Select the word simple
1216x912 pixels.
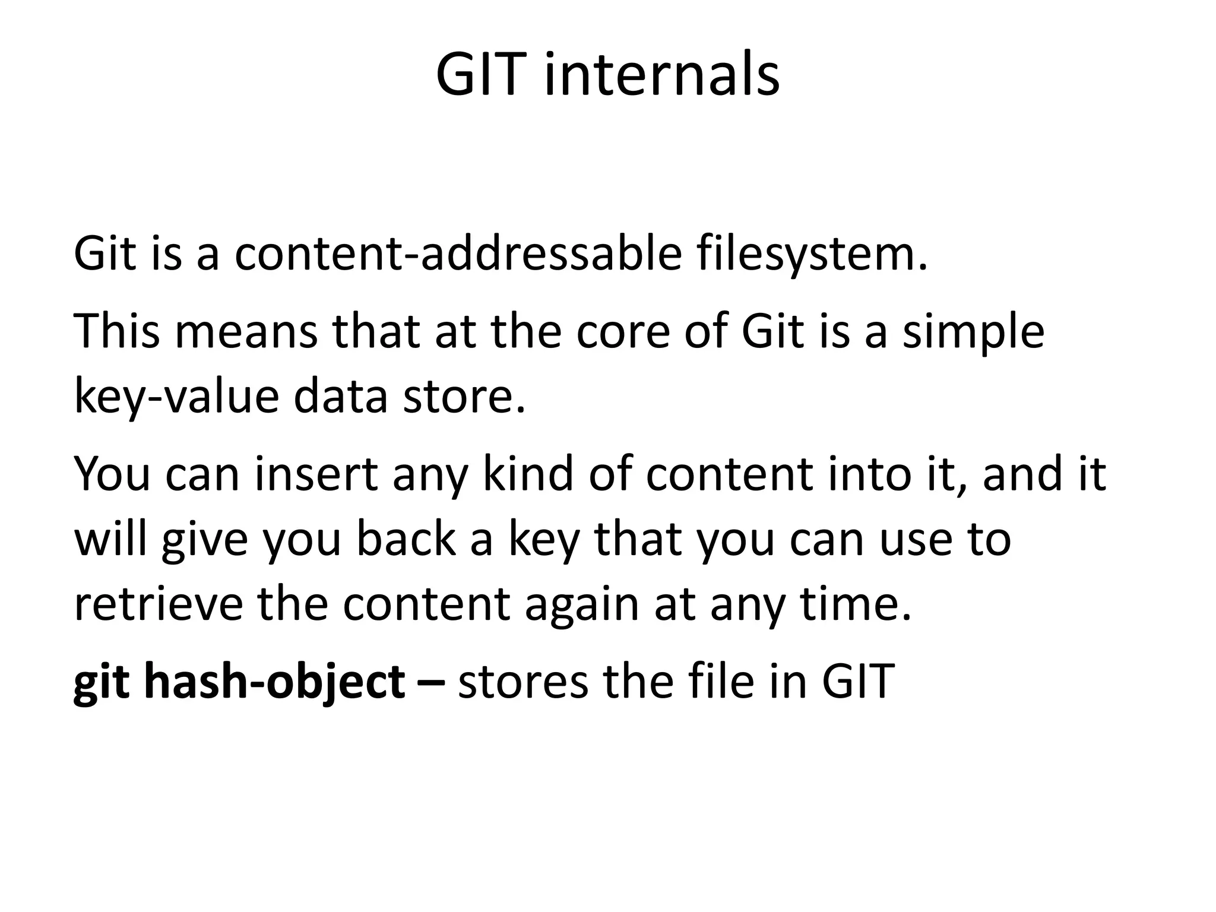click(973, 331)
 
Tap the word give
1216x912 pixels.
click(204, 540)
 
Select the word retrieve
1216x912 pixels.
click(158, 604)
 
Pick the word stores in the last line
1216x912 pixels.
click(523, 681)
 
